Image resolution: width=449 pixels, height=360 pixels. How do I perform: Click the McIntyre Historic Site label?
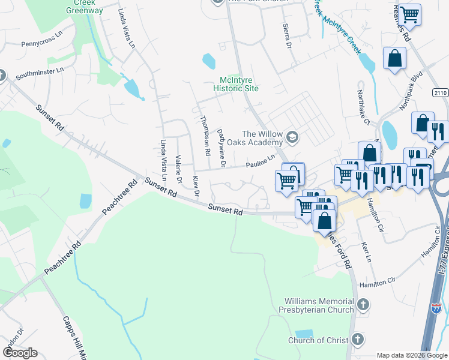click(x=236, y=84)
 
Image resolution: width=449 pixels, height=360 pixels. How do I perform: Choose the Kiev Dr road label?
click(x=195, y=185)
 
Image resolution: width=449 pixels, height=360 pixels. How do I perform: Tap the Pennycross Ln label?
click(x=42, y=44)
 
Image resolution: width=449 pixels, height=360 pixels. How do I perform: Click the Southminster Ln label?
click(x=40, y=74)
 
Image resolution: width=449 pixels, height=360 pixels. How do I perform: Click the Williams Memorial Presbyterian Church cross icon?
click(x=362, y=305)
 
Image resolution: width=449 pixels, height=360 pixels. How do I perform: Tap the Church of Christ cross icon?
click(x=357, y=340)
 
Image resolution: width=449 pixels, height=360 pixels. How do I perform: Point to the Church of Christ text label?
click(x=318, y=341)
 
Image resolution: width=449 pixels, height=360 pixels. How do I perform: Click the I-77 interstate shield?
click(x=437, y=308)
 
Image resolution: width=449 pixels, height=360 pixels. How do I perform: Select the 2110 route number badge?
click(x=439, y=92)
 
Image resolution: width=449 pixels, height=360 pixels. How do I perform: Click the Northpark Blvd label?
click(x=411, y=95)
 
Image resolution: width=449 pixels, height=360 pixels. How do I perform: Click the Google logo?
click(x=20, y=353)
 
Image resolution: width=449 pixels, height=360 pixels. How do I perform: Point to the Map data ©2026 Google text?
click(x=411, y=355)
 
